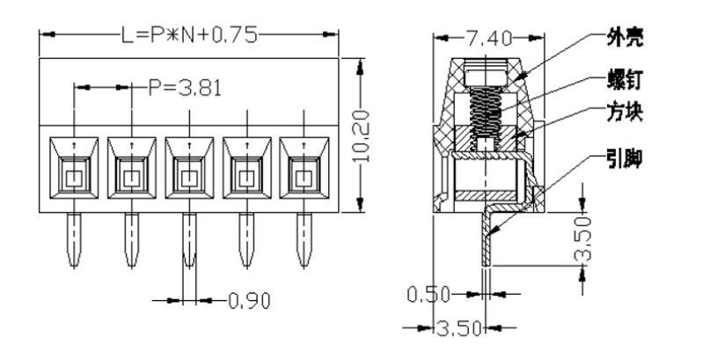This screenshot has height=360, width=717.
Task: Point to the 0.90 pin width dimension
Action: click(248, 300)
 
